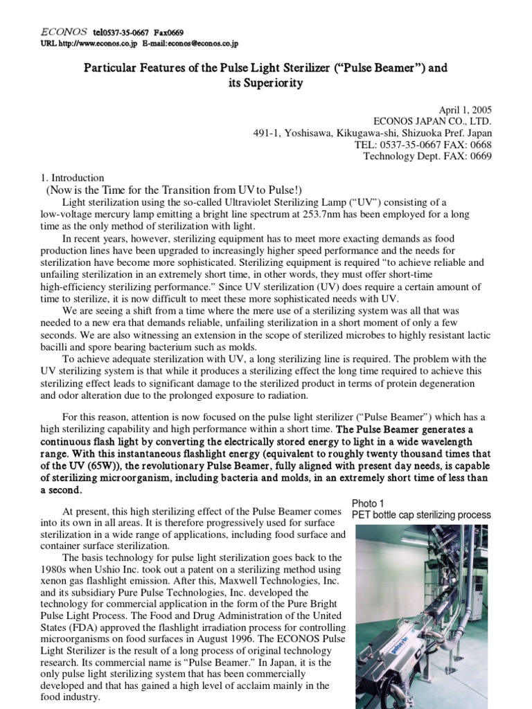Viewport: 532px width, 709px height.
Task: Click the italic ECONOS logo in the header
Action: tap(63, 31)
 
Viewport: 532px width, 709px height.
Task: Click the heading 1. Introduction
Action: tap(72, 178)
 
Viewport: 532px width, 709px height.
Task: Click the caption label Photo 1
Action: tap(367, 503)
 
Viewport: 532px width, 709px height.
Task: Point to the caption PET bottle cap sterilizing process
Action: tap(421, 515)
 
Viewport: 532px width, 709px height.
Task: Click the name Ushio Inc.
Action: tap(111, 569)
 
